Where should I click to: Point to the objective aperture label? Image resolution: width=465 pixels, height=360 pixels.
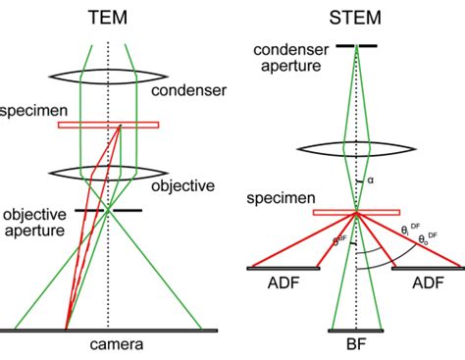38,222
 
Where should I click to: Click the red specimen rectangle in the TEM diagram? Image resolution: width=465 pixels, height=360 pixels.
108,125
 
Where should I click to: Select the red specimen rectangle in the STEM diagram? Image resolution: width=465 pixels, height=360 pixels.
356,212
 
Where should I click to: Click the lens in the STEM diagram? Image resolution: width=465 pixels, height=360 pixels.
356,150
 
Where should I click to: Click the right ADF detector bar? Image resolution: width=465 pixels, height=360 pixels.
427,267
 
